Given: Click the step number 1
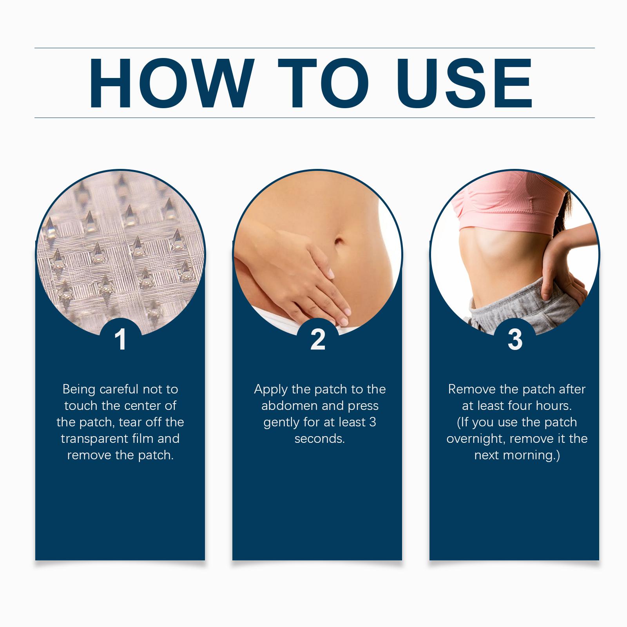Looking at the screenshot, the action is (121, 340).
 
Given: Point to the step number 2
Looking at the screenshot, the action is (318, 339).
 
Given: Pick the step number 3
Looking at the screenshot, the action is (515, 339).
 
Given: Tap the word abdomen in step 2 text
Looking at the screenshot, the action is (290, 406).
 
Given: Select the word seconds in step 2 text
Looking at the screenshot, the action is (319, 439).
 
